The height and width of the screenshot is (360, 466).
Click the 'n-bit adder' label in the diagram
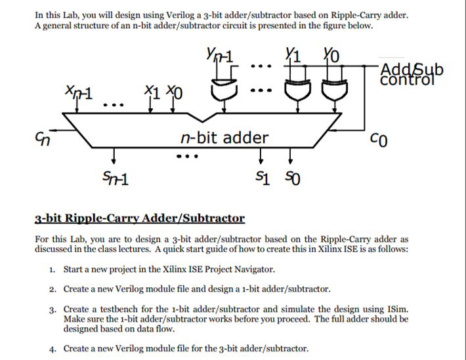tap(224, 138)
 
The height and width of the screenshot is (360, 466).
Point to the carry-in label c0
tap(377, 138)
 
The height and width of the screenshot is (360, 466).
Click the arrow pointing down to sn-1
tap(114, 156)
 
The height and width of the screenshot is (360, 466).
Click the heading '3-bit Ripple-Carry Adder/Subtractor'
tap(139, 218)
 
